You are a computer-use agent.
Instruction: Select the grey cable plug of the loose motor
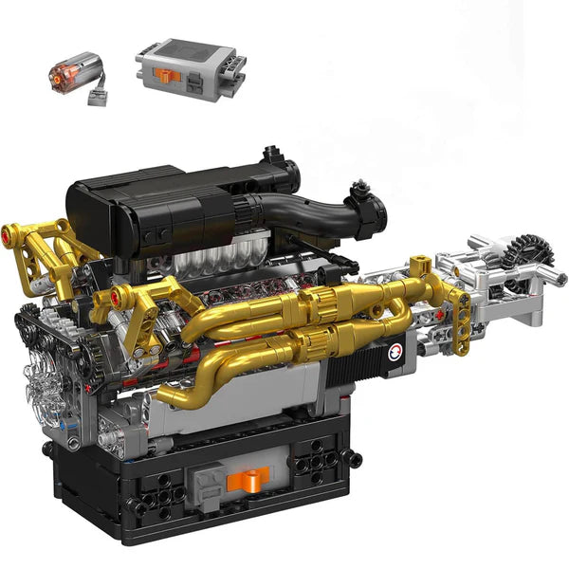coord(97,96)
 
